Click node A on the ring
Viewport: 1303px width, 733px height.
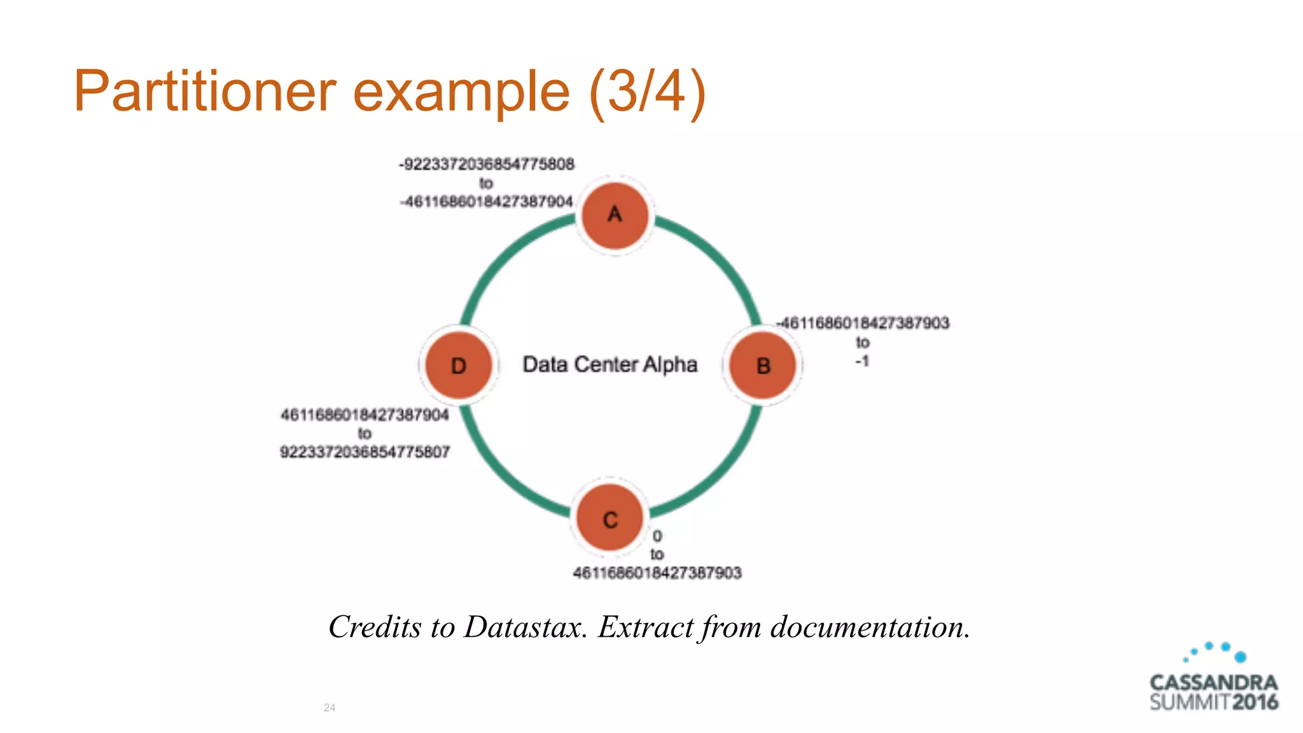[x=615, y=215]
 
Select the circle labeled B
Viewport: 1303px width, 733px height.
[x=762, y=366]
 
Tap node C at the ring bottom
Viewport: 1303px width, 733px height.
[x=610, y=519]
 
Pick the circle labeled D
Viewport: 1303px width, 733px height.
[x=459, y=366]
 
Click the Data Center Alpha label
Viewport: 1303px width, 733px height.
[x=610, y=365]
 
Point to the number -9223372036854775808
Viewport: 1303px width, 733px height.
[x=487, y=164]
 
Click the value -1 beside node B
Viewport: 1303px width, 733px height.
[x=862, y=361]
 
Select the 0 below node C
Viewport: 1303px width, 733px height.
[x=657, y=536]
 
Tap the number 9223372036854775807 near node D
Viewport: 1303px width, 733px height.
[x=365, y=452]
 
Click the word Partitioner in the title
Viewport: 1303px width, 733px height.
[x=204, y=91]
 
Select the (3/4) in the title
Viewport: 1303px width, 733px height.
[x=647, y=91]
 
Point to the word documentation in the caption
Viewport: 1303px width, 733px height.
[x=870, y=627]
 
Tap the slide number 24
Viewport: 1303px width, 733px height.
[x=330, y=708]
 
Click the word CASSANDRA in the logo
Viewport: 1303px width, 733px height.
[x=1213, y=683]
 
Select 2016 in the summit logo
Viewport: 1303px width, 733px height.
[x=1255, y=702]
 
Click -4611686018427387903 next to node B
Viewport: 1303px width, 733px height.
[x=863, y=323]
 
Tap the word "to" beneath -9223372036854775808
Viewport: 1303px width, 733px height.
[x=486, y=183]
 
